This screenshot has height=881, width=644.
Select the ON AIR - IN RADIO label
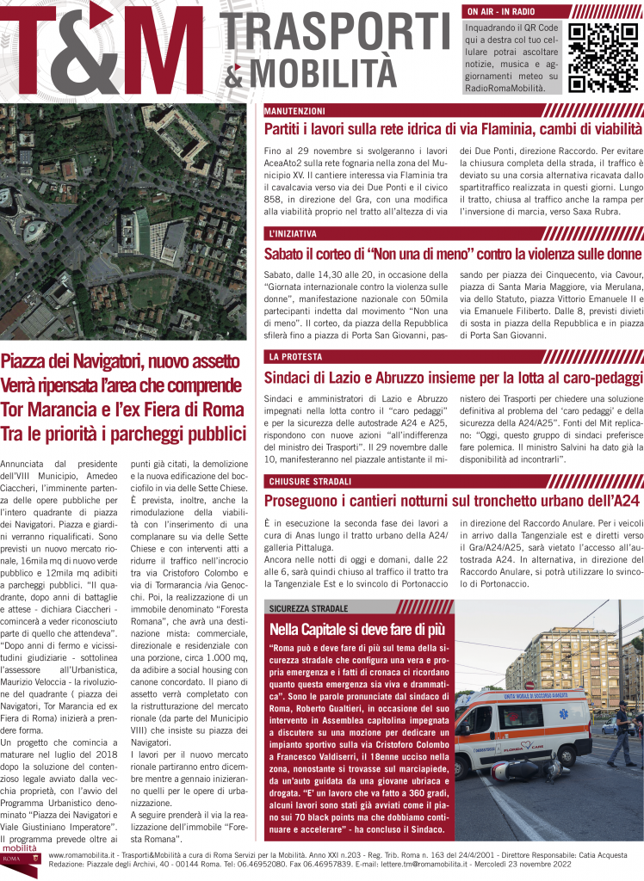pyautogui.click(x=499, y=12)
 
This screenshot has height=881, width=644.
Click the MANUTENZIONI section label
pyautogui.click(x=294, y=111)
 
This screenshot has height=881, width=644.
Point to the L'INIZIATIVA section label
pyautogui.click(x=291, y=233)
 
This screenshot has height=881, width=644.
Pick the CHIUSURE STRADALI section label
pyautogui.click(x=307, y=480)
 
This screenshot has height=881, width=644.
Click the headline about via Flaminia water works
pyautogui.click(x=453, y=129)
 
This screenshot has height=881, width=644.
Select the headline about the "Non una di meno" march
pyautogui.click(x=453, y=253)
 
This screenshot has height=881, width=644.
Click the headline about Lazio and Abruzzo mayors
pyautogui.click(x=453, y=377)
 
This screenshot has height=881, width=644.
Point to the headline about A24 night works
pyautogui.click(x=453, y=501)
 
